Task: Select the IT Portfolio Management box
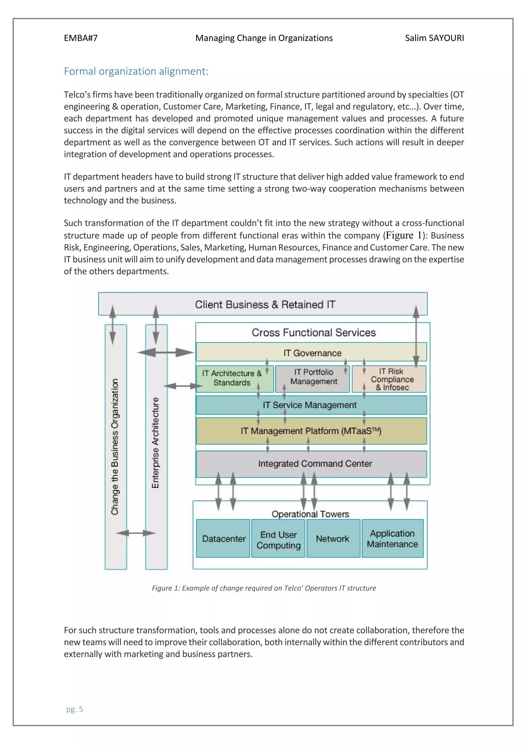click(313, 377)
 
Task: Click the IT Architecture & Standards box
click(232, 378)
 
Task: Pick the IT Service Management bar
click(310, 405)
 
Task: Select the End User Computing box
click(279, 539)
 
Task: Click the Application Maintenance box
click(392, 539)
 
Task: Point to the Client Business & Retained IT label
click(265, 304)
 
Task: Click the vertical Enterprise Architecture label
click(156, 443)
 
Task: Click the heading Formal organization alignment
click(136, 71)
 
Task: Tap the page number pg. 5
click(75, 709)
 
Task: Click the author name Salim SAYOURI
click(434, 38)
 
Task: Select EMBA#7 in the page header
click(81, 38)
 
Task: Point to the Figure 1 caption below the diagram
click(264, 588)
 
